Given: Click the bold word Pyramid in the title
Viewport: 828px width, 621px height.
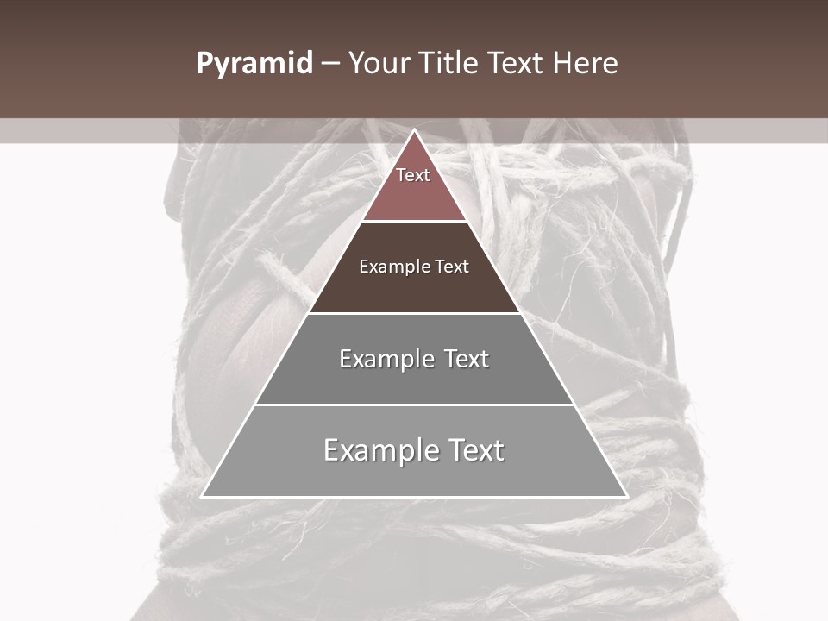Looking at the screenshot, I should tap(254, 64).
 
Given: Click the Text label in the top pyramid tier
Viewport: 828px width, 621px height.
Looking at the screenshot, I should tap(413, 175).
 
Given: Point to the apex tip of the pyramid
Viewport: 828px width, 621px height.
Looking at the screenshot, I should tap(414, 131).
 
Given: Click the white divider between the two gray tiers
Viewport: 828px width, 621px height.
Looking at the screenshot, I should tap(414, 405).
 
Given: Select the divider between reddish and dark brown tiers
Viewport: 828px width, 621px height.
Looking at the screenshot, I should tap(414, 222).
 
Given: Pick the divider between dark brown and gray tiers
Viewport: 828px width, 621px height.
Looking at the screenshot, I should tap(414, 313).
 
